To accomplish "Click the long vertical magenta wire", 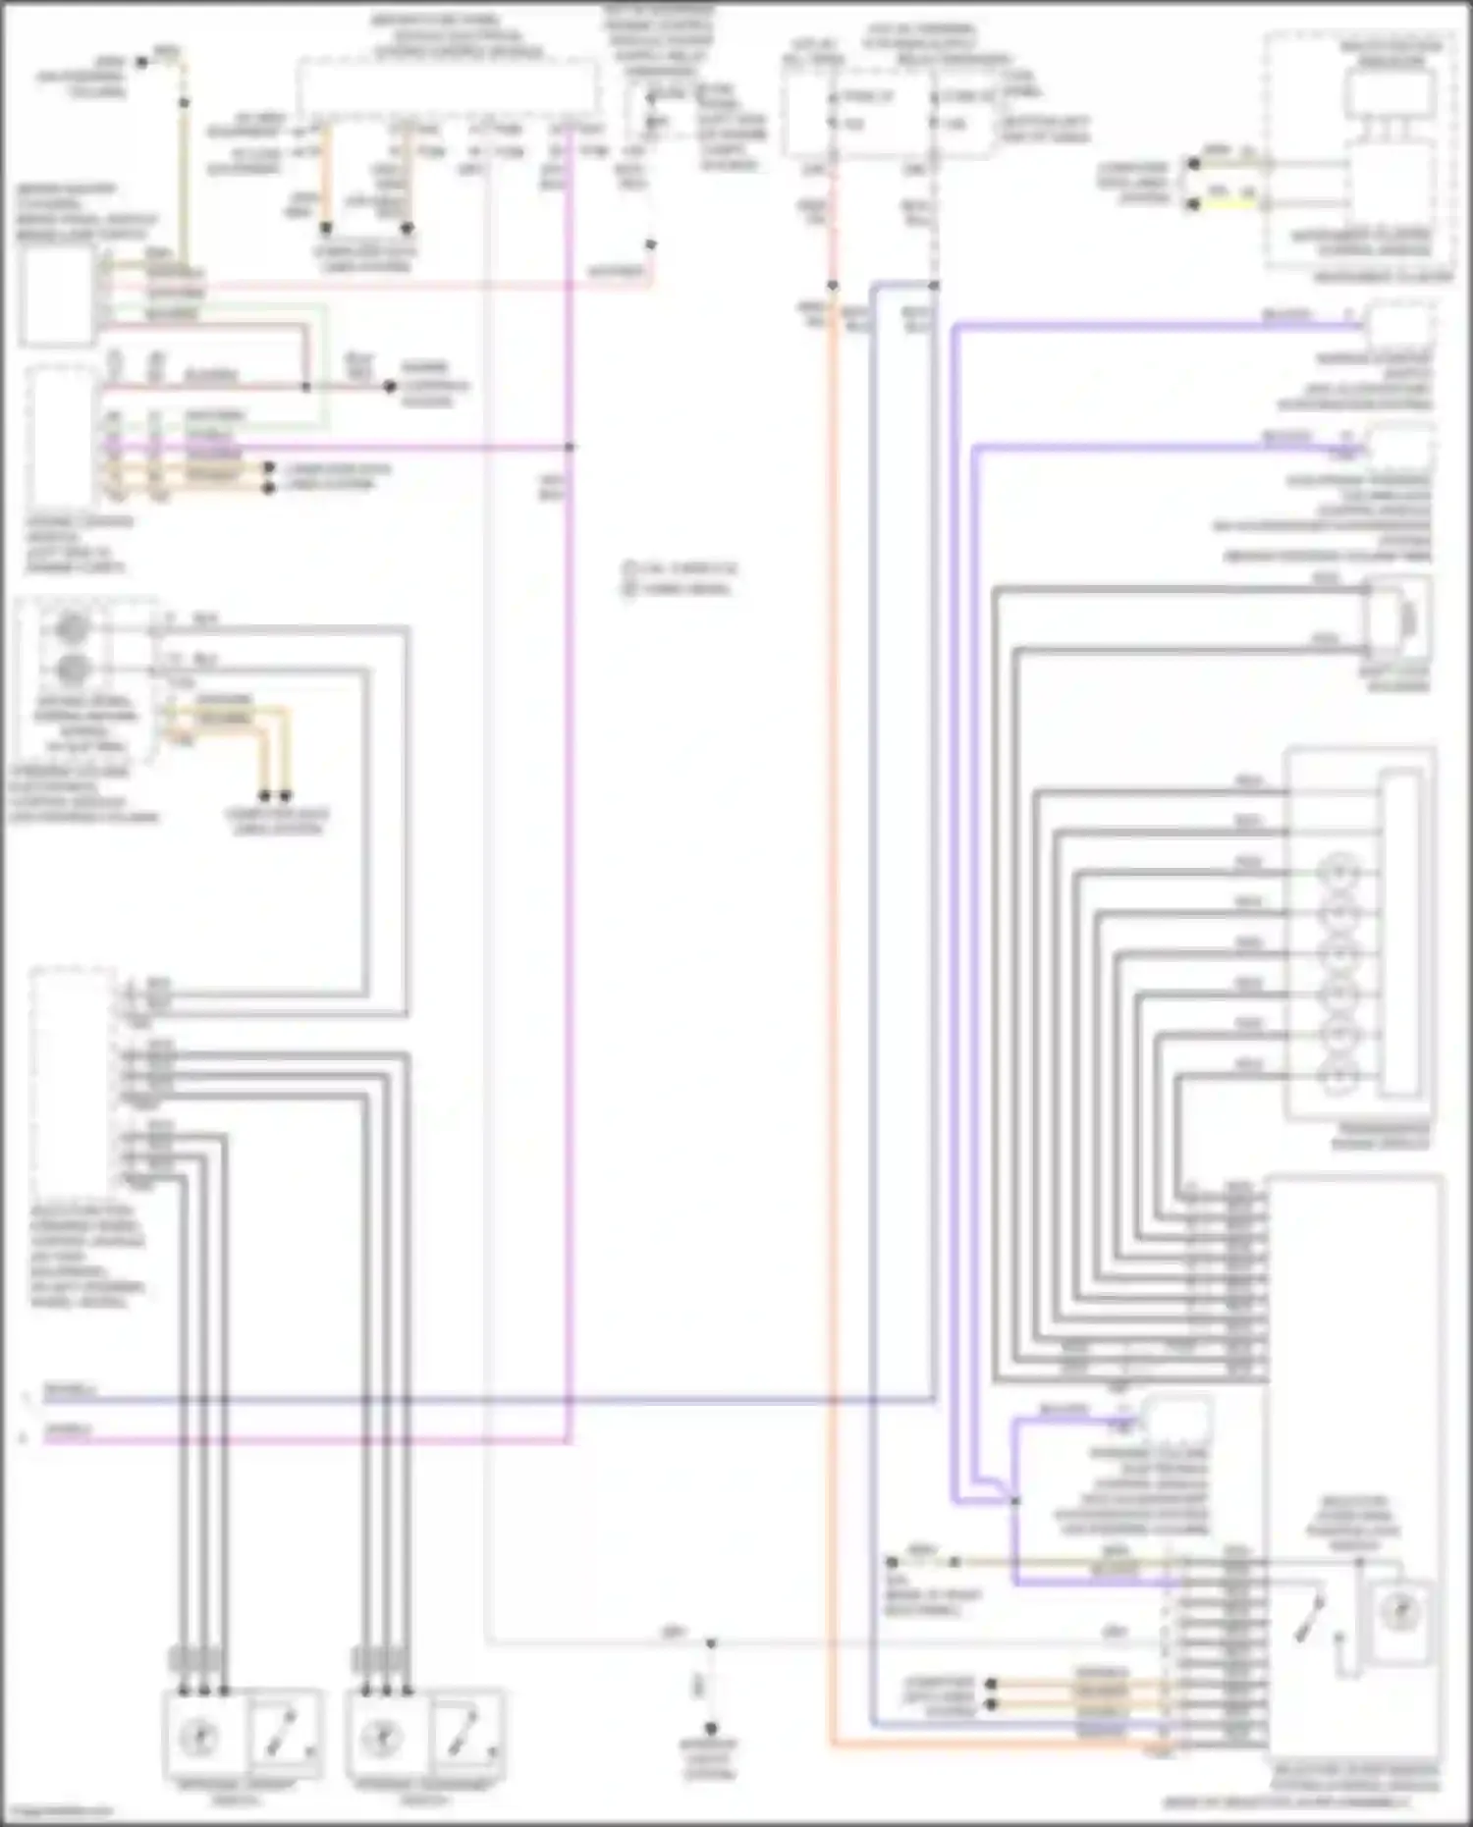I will (x=570, y=884).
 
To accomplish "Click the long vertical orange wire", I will (x=832, y=982).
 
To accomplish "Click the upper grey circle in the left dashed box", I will (x=72, y=627).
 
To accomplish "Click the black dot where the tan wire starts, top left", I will (x=141, y=62).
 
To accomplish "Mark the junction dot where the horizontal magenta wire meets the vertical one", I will (x=570, y=447).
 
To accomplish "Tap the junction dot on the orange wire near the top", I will (x=832, y=286).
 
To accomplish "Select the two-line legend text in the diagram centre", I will (x=681, y=578).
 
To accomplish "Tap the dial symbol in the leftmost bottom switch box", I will (x=200, y=1738).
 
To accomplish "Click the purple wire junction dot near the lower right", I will (x=1014, y=1501).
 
